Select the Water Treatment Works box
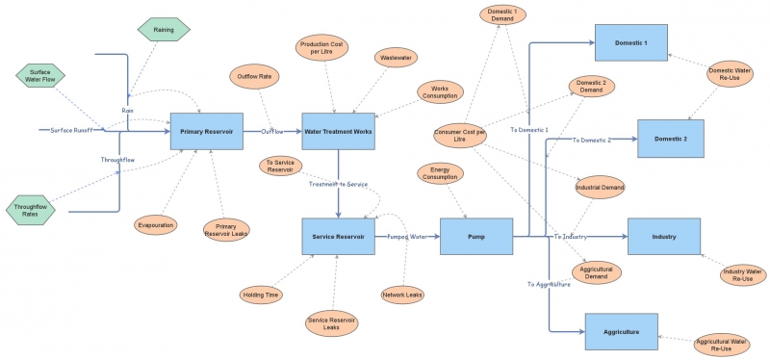(338, 131)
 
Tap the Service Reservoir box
(338, 236)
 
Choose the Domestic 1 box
(631, 44)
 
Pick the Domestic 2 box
(670, 139)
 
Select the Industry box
(663, 236)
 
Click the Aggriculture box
(621, 331)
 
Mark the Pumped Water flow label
(406, 236)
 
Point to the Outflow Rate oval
(252, 77)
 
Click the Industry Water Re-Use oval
(743, 276)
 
